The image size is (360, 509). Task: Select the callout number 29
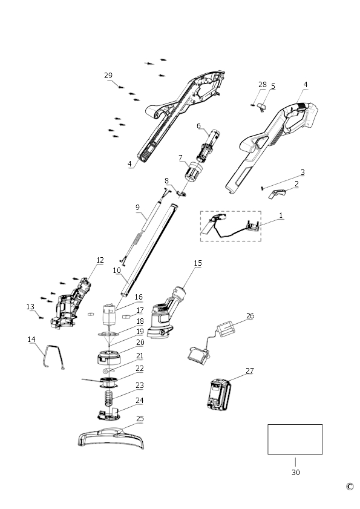coord(108,75)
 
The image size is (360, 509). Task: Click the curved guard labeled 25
coord(111,438)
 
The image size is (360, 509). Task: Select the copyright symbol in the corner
coord(350,486)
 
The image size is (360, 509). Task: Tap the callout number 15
coord(198,263)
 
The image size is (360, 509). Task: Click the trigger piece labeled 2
coord(277,194)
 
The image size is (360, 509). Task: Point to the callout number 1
coord(281,215)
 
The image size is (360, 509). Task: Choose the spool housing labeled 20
coord(110,358)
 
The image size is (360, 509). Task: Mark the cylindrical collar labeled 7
coord(194,171)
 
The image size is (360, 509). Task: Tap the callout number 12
coord(100,260)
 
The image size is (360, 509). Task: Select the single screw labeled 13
coord(41,317)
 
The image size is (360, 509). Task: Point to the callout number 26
coord(250,315)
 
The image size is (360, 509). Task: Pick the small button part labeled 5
coord(261,107)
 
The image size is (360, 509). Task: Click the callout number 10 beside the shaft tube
coord(117,270)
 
